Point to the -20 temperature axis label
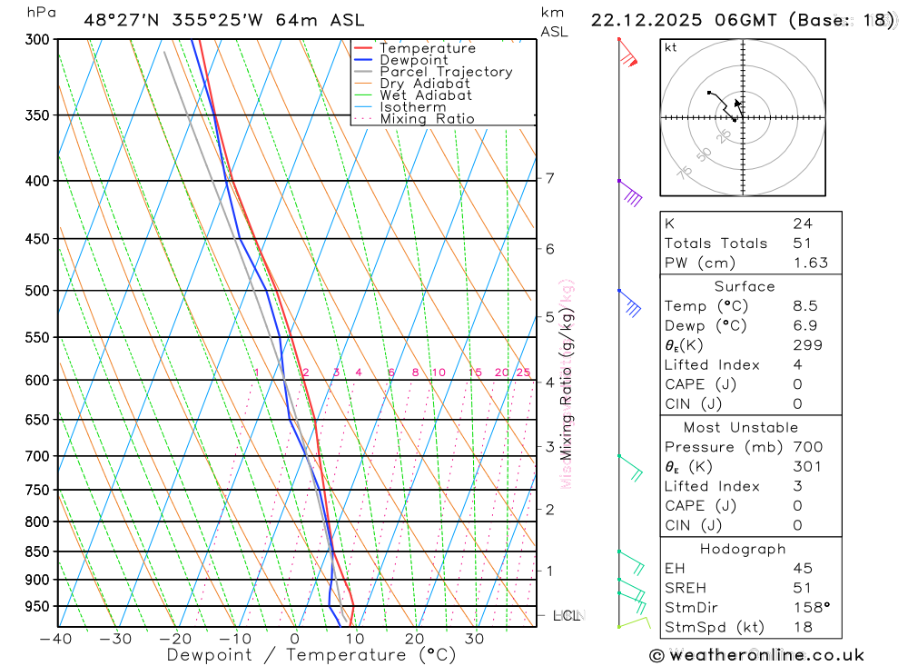coord(175,639)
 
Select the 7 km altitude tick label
coord(550,178)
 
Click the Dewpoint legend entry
coord(413,60)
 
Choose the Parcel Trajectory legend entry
coord(446,72)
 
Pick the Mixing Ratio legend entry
coord(427,119)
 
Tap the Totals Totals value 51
coord(803,243)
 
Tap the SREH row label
coord(685,588)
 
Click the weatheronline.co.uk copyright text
coord(756,655)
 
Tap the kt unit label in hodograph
coord(671,47)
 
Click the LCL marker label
coord(567,616)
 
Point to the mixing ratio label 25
coord(523,373)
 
